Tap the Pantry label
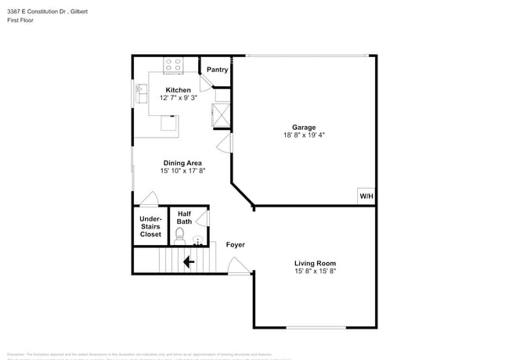coord(217,70)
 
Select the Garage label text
coord(304,127)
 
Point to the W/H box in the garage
coord(366,196)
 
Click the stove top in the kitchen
coord(173,65)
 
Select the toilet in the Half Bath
coord(181,233)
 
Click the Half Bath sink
coord(198,240)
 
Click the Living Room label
coord(315,263)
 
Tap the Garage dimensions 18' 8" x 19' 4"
coord(304,135)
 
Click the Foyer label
coord(235,245)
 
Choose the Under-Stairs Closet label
coord(150,226)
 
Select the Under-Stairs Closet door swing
coord(150,199)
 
